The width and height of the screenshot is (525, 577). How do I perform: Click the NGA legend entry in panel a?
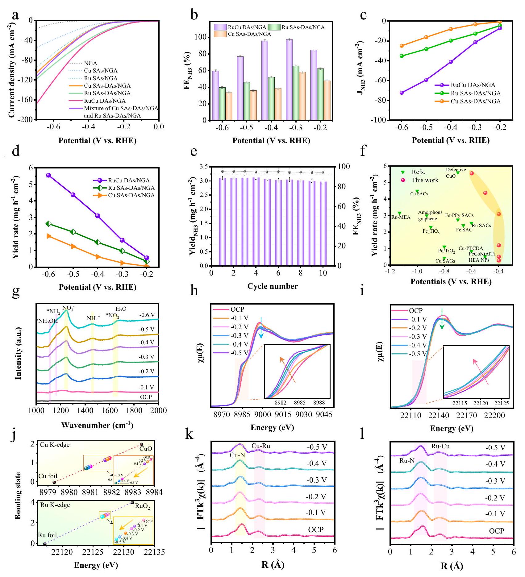[x=90, y=63]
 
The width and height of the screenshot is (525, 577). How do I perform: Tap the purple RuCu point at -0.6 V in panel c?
[x=402, y=93]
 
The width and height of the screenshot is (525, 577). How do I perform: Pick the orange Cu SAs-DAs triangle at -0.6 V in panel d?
[x=49, y=236]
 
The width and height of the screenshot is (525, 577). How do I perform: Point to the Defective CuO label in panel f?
[x=456, y=173]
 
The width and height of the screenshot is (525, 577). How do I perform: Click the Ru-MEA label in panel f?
[x=401, y=217]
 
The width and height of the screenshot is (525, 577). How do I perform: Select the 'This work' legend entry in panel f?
[x=425, y=180]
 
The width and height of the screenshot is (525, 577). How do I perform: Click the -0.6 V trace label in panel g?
[x=147, y=315]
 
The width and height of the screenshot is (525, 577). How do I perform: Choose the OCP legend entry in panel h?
[x=237, y=309]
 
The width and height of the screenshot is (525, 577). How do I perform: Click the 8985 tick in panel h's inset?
[x=299, y=403]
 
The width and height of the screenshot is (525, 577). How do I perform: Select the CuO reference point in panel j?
[x=142, y=444]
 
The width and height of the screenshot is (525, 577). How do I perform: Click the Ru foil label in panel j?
[x=48, y=535]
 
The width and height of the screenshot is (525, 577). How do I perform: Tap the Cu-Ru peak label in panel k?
[x=260, y=446]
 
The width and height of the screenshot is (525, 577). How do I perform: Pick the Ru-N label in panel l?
[x=407, y=461]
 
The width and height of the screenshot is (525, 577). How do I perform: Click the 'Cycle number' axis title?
[x=273, y=286]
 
